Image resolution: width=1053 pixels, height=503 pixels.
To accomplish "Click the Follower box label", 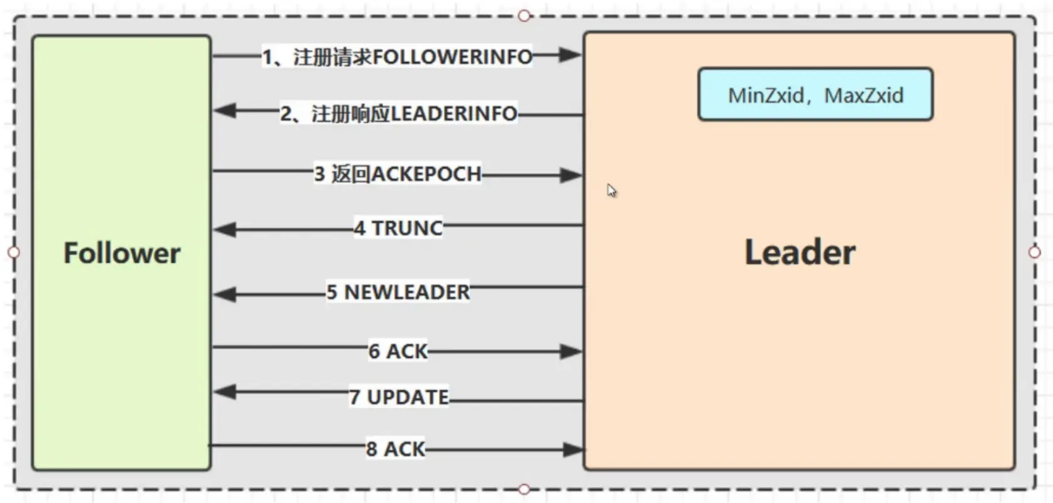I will pos(122,253).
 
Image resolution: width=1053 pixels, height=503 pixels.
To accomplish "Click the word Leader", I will pos(799,252).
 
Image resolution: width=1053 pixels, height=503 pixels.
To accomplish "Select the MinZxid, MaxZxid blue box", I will pos(815,95).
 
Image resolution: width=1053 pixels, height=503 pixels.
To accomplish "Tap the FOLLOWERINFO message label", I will pos(397,57).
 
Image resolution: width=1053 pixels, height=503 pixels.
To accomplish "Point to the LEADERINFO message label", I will pos(398,114).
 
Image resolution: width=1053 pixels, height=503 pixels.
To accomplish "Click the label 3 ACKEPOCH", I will pos(398,174).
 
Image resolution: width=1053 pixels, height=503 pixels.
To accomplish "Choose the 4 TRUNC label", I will pos(398,228).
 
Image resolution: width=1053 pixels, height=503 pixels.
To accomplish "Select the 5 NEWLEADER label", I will pos(398,292).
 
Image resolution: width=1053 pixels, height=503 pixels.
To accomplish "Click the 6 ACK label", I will pos(398,352).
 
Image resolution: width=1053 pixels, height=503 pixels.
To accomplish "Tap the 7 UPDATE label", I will pos(398,397).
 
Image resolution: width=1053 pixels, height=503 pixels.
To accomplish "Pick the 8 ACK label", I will pos(396,449).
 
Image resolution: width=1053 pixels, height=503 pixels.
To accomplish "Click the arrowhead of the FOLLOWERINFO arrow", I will pos(570,55).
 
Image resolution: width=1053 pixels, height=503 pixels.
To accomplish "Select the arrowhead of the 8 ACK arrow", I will pos(572,449).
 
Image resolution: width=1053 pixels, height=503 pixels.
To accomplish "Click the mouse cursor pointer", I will pos(611,190).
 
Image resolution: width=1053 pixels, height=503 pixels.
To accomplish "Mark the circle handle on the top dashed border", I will pos(525,16).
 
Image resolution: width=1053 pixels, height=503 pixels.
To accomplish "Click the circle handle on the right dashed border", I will pos(1034,252).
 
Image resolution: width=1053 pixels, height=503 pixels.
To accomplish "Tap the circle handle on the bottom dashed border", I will pos(525,489).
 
